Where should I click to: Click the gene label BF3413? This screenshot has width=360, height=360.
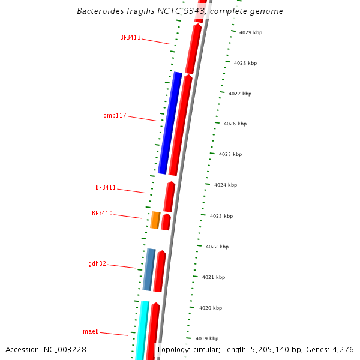pos(130,37)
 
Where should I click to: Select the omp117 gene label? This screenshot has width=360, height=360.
pos(115,115)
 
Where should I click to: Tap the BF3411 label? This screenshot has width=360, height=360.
pos(106,187)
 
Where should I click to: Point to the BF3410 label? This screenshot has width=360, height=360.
pos(102,213)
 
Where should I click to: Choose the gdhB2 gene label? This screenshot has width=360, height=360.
pos(97,263)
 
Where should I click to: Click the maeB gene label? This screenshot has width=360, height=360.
pos(91,331)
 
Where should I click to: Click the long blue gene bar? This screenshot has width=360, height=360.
pos(170,123)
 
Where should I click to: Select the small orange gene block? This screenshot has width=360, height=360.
pos(155,220)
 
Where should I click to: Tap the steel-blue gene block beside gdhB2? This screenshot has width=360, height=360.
pos(149,270)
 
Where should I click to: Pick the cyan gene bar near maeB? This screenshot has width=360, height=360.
pos(142,330)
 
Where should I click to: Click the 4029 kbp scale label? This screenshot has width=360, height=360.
pos(250,32)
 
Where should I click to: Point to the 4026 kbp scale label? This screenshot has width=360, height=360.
pos(235,124)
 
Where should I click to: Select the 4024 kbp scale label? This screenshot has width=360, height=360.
pos(226,185)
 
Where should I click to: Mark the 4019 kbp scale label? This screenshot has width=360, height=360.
pos(207,338)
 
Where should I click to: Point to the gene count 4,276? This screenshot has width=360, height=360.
pos(343,350)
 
